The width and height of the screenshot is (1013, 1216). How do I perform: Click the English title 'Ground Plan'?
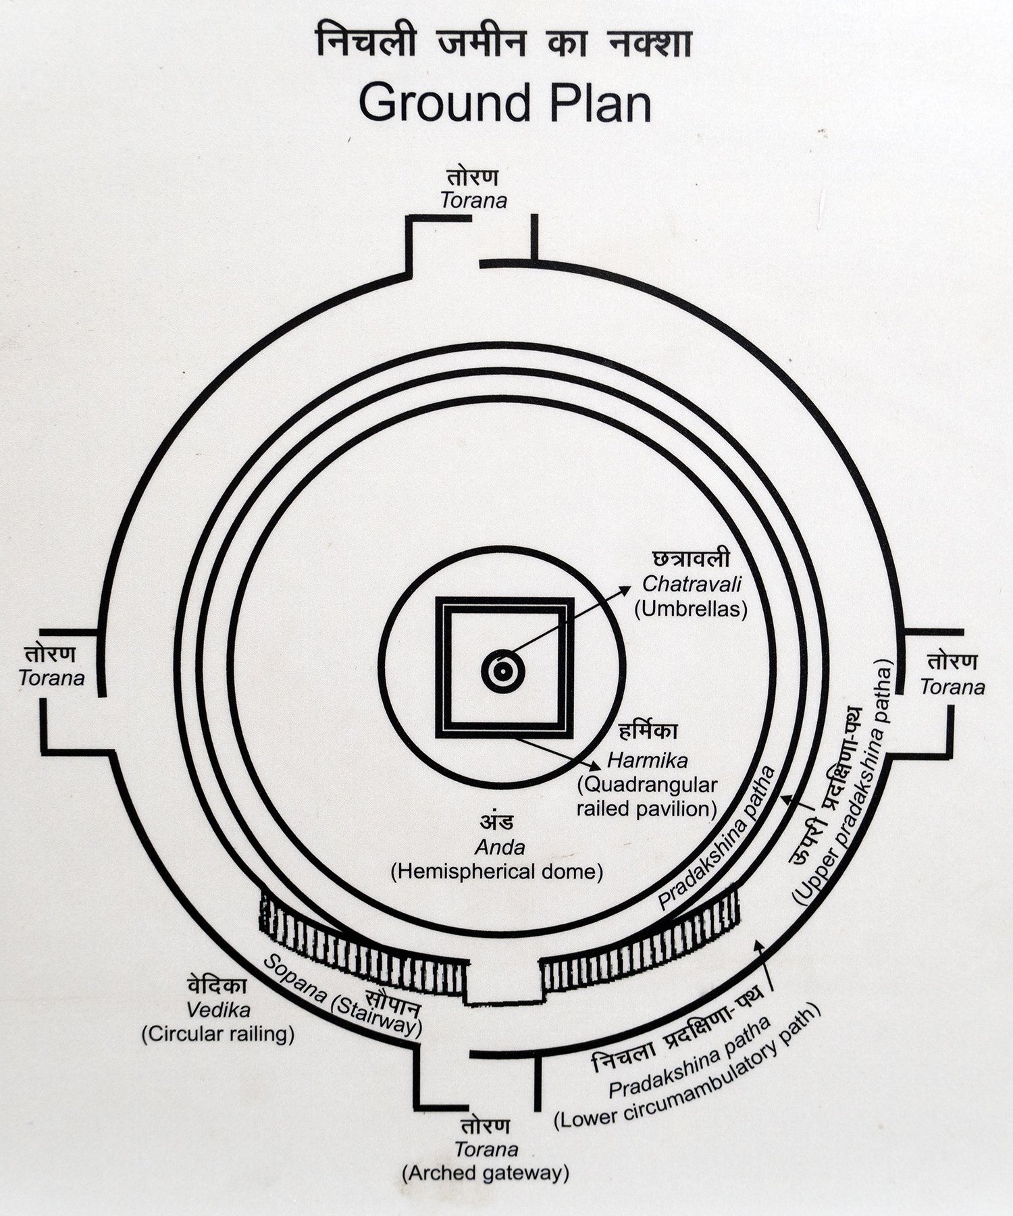point(505,103)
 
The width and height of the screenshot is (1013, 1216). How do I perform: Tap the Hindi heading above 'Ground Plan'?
point(505,46)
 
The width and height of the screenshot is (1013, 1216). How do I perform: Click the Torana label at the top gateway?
point(473,201)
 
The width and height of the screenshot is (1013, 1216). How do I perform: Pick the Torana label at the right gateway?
point(952,687)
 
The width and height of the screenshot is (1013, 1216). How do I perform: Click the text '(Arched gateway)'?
point(485,1173)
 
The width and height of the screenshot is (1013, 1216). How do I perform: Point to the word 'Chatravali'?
point(692,583)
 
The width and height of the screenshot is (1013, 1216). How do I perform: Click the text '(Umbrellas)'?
point(692,609)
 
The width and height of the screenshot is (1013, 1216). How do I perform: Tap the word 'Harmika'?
point(648,760)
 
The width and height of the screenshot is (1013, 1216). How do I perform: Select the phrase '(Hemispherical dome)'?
point(497,871)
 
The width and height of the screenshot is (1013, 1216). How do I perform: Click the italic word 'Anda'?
point(500,847)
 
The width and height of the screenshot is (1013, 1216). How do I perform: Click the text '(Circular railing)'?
point(218,1034)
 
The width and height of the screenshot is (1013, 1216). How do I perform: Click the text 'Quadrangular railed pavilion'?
point(646,797)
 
